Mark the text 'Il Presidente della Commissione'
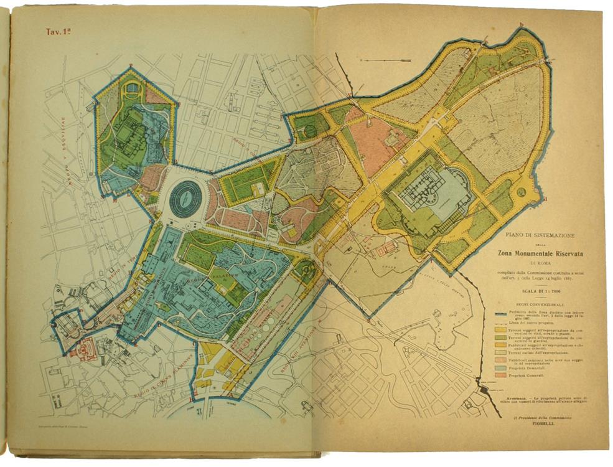pos(535,415)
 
